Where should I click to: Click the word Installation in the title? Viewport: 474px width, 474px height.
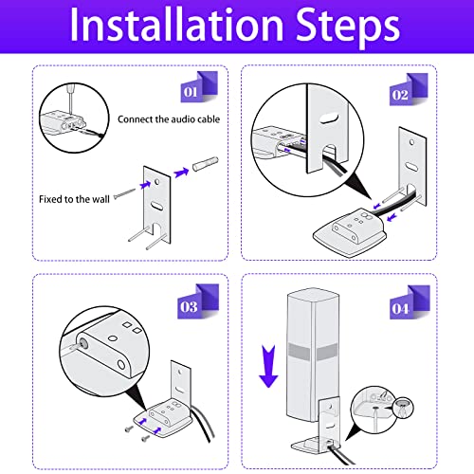176,25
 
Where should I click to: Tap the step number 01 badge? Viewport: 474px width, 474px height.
199,87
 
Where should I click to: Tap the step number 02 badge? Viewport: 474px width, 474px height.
409,89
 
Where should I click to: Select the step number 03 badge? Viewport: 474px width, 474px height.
198,301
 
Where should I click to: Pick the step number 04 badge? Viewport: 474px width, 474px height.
410,302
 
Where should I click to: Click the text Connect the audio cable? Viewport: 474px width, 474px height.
169,119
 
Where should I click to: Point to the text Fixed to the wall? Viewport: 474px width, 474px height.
74,199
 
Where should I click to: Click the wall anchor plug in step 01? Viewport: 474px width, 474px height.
206,164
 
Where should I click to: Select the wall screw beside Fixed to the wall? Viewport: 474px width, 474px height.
124,193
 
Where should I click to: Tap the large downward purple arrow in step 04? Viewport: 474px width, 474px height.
268,367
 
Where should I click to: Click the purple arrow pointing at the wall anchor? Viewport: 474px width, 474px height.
181,173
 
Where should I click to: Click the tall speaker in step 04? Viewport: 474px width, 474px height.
312,355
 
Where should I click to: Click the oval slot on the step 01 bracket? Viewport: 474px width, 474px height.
156,205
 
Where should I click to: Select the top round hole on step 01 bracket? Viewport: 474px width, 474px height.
157,182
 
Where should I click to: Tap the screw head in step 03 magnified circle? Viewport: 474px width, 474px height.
83,343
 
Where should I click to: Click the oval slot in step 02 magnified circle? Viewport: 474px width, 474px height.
329,119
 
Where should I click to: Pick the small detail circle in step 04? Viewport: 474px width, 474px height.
404,408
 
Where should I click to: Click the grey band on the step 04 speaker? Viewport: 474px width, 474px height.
312,352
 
